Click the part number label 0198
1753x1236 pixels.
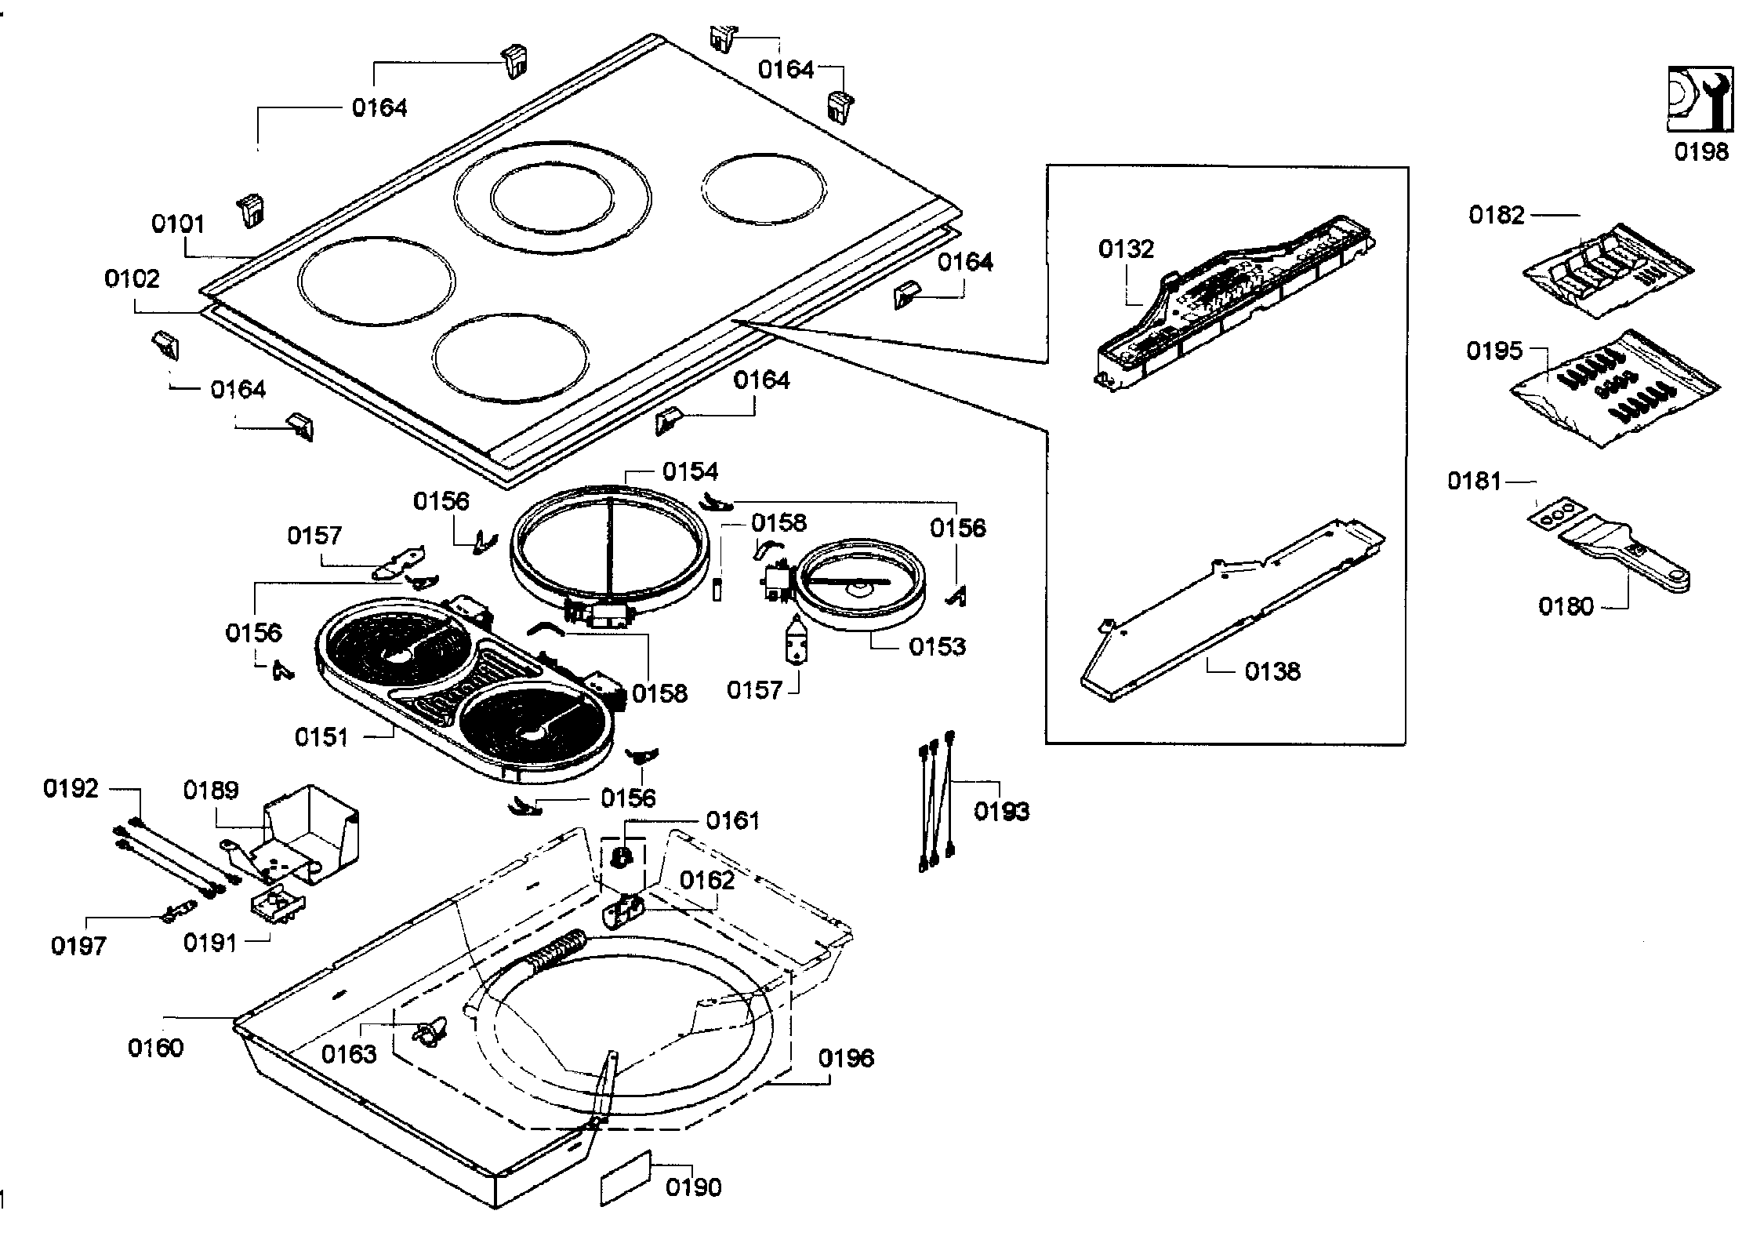click(1701, 151)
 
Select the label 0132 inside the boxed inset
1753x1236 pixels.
click(1126, 249)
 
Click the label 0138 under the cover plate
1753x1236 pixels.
click(1272, 671)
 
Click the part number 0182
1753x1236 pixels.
click(1497, 215)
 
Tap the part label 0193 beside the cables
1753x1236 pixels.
click(1001, 811)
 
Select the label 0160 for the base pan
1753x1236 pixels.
click(155, 1047)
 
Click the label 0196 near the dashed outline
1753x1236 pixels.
click(846, 1058)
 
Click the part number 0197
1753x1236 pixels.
click(78, 946)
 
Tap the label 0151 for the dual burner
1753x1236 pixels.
click(321, 737)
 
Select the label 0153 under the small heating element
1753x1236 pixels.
click(937, 647)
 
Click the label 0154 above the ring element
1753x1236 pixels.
click(690, 471)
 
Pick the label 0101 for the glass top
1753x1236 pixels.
click(178, 224)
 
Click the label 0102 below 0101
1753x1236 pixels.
click(132, 278)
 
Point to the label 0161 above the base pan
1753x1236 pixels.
click(732, 820)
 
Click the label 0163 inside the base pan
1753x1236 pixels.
click(349, 1054)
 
